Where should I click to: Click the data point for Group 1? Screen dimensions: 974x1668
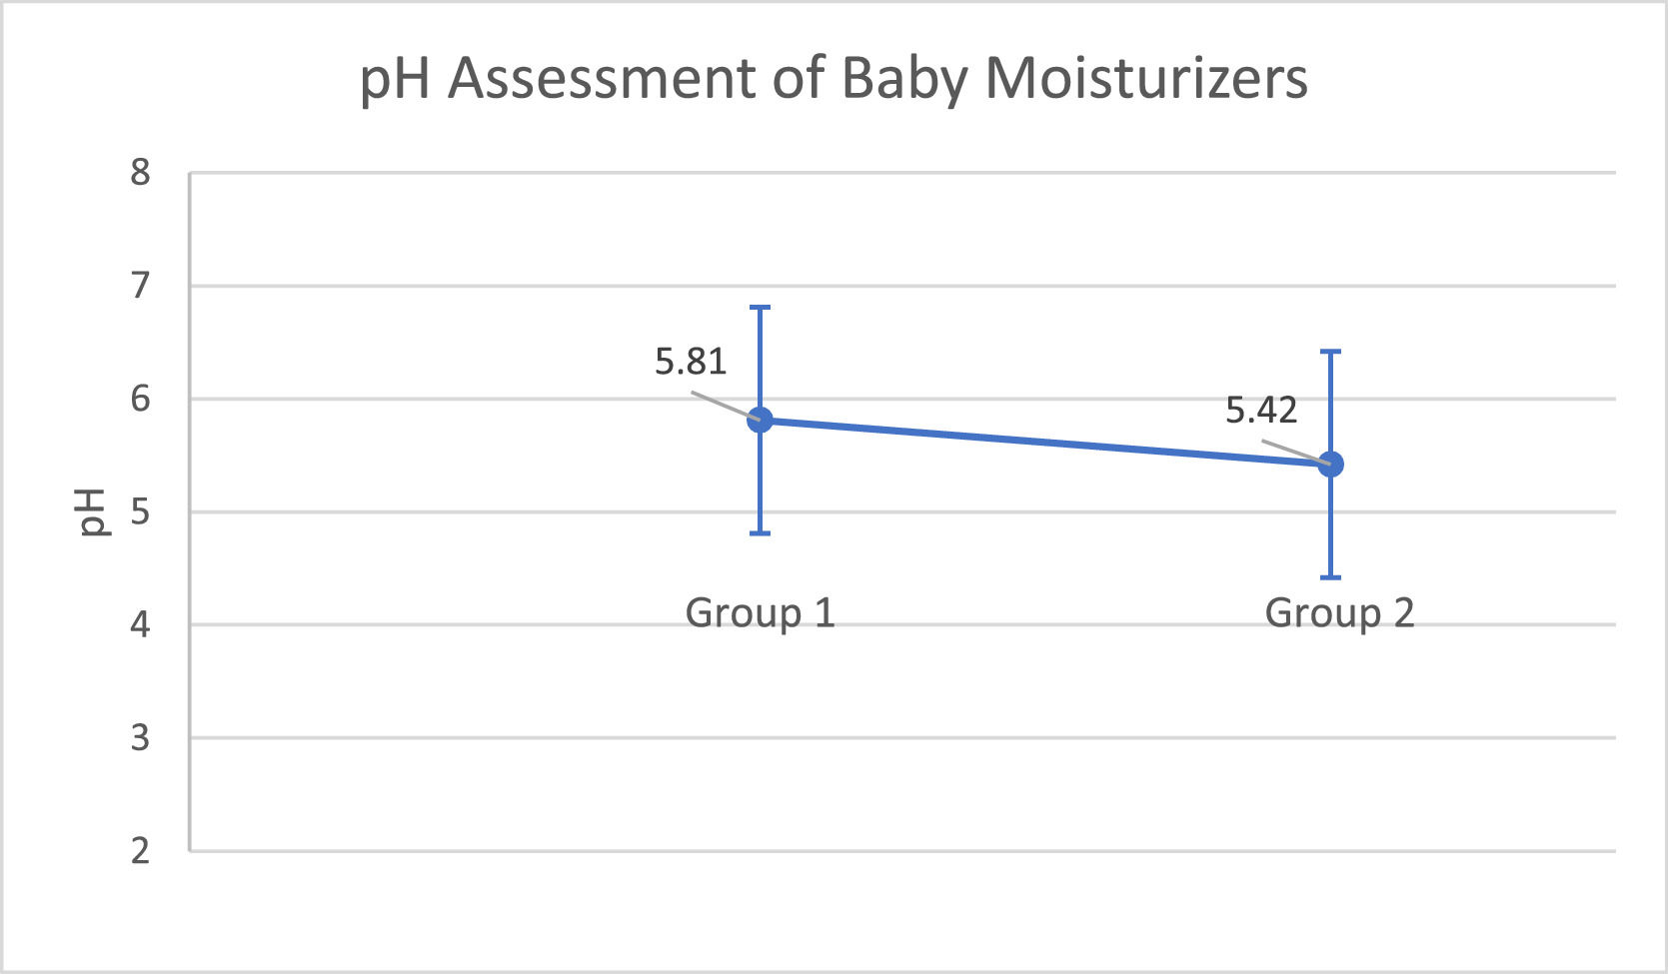point(760,420)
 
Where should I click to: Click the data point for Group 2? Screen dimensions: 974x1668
point(1330,464)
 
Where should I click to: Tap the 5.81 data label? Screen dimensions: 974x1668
point(691,362)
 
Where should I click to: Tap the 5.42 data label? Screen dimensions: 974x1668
point(1261,411)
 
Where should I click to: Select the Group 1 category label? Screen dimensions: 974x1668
point(760,612)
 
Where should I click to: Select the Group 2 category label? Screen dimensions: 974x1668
point(1339,612)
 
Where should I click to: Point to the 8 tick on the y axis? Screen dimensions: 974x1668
point(140,173)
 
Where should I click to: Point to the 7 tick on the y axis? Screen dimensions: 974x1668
point(140,286)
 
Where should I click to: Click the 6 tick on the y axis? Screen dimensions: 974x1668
point(140,399)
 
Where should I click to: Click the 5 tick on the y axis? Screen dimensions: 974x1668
point(140,512)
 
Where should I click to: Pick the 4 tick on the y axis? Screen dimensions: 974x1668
point(140,625)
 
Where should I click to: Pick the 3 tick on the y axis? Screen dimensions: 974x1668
point(140,738)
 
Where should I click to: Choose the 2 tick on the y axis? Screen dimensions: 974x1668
point(140,851)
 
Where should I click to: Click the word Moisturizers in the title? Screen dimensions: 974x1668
point(1146,78)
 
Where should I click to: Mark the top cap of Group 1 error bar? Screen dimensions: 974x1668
point(760,308)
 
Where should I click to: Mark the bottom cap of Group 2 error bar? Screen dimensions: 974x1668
point(1330,577)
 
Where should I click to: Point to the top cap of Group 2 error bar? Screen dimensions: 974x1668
point(1330,352)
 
